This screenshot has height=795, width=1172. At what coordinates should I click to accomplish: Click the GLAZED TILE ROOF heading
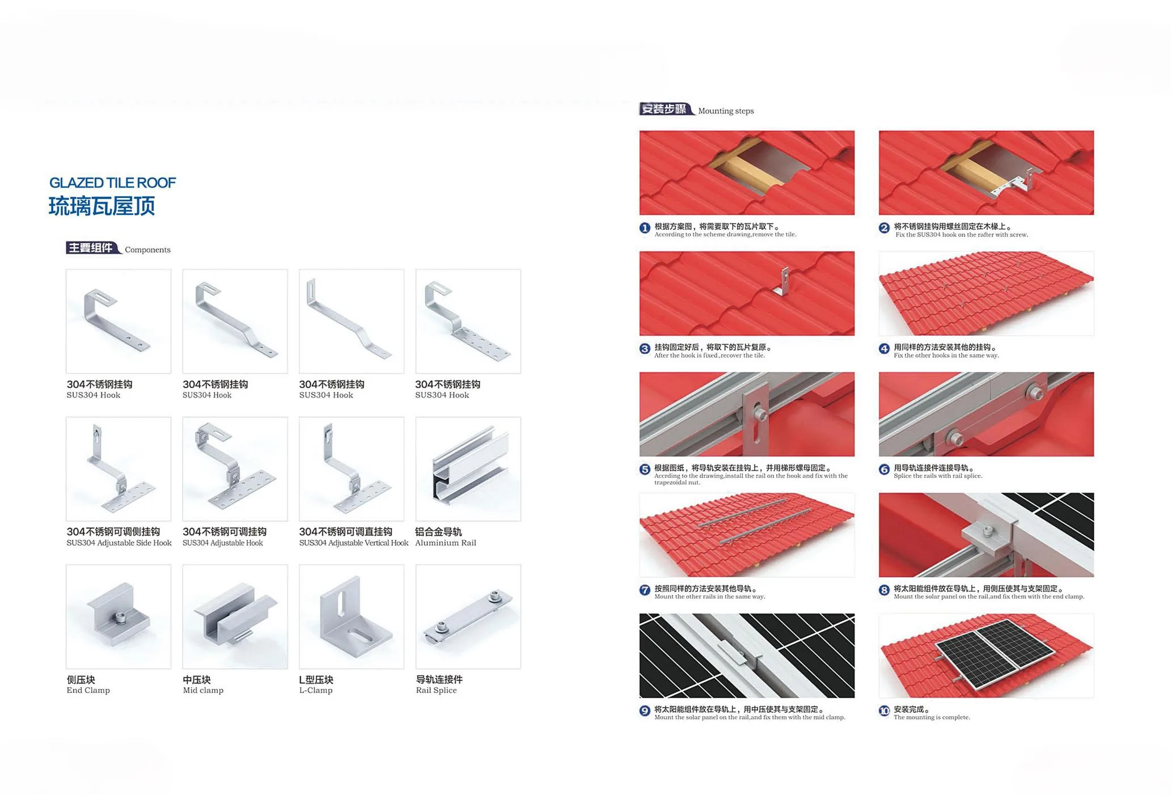click(112, 183)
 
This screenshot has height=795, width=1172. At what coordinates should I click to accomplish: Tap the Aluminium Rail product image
click(468, 469)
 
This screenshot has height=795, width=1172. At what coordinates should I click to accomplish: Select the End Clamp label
click(88, 690)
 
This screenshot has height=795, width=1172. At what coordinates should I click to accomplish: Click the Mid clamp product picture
click(235, 616)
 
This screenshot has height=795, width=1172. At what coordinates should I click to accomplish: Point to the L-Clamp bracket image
click(352, 616)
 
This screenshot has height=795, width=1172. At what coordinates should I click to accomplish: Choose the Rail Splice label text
click(436, 690)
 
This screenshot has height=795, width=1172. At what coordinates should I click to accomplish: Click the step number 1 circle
click(645, 228)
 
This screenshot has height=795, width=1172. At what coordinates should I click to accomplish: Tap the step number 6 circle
click(884, 470)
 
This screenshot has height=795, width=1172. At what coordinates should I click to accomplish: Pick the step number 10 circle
click(884, 711)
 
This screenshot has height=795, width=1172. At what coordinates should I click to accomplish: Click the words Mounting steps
click(726, 111)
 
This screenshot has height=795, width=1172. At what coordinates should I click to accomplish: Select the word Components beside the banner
click(147, 250)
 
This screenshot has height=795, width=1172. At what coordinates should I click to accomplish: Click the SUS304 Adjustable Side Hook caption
click(119, 543)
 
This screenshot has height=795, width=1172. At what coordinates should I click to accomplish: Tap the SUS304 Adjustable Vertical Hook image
click(352, 469)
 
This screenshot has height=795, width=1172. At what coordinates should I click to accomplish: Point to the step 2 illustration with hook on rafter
click(986, 172)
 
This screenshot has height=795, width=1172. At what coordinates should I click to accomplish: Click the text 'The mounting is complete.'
click(932, 717)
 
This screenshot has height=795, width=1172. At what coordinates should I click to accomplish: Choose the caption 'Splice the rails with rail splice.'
click(938, 476)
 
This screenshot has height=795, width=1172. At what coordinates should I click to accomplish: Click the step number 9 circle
click(645, 711)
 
